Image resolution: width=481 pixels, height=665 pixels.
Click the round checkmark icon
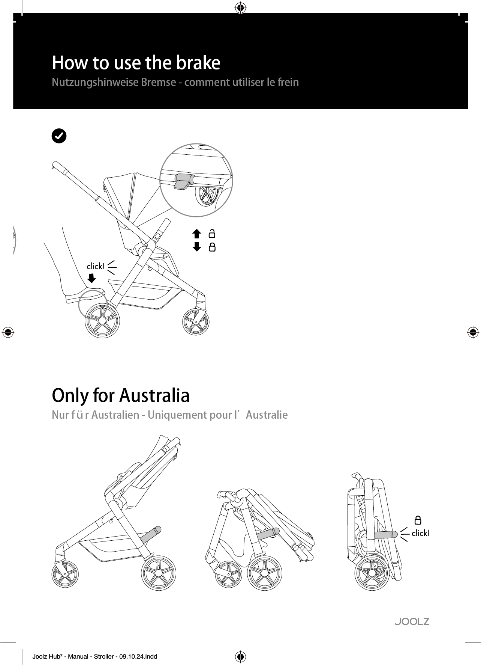(x=59, y=136)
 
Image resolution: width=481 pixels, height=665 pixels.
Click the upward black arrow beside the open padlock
(x=197, y=234)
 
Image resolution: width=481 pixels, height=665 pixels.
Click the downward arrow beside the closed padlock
(x=197, y=247)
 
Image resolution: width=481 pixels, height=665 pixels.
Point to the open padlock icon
(x=212, y=234)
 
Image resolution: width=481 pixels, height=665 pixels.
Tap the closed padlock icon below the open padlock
(x=212, y=247)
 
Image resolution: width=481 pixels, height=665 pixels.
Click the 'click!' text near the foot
(x=96, y=266)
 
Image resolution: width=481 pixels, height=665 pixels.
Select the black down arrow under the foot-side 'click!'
(x=91, y=278)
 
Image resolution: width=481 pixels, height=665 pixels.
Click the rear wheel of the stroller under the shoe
(x=102, y=320)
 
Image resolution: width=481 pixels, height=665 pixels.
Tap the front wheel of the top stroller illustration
(x=196, y=322)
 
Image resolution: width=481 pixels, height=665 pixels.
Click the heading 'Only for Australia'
(x=121, y=395)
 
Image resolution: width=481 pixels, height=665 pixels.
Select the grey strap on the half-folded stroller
(x=267, y=533)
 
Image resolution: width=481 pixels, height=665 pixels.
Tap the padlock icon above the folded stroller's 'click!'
(x=418, y=520)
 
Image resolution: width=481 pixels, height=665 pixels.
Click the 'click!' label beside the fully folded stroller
(x=421, y=533)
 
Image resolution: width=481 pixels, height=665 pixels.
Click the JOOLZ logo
(x=412, y=621)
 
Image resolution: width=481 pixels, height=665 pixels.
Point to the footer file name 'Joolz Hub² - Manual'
(x=60, y=656)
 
